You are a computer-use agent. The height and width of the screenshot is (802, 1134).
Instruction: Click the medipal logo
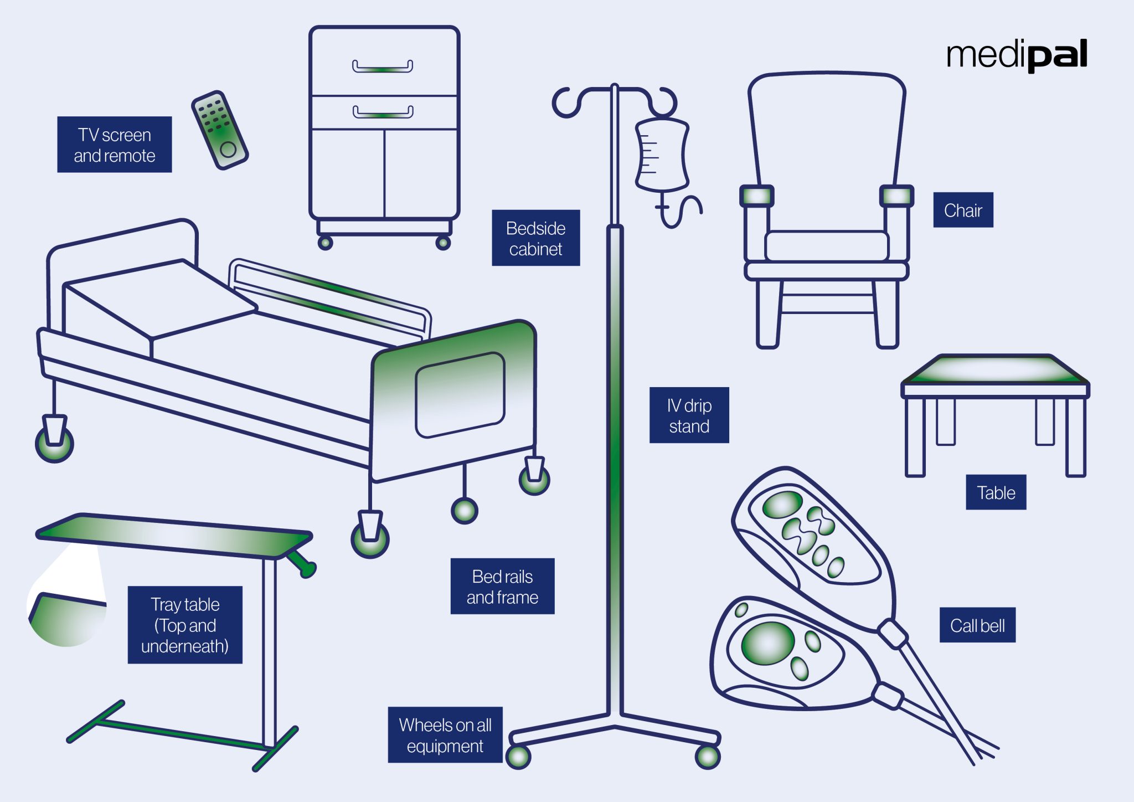tap(1017, 55)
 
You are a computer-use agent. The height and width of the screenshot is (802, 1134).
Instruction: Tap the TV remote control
tap(220, 131)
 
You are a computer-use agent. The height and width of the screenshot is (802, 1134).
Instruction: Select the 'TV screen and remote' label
tap(115, 145)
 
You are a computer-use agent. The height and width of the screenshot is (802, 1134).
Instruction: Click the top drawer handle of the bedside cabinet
tap(383, 68)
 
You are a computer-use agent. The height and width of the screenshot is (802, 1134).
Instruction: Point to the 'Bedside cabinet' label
tap(535, 238)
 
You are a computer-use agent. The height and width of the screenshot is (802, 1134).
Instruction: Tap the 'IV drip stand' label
tap(689, 415)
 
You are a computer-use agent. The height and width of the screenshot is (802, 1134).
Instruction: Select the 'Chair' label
tap(963, 210)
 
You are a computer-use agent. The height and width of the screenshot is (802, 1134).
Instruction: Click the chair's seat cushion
tap(826, 245)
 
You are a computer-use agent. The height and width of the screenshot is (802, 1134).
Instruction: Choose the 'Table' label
tap(996, 492)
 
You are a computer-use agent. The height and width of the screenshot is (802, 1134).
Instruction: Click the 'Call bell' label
tap(977, 625)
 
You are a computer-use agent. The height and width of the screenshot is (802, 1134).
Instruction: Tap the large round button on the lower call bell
tap(768, 643)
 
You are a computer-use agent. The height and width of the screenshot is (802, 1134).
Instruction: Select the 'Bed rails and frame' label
tap(502, 587)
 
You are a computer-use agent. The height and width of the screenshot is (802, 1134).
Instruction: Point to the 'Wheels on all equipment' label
tap(445, 735)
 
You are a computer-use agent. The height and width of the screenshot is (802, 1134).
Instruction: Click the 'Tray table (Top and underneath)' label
tap(185, 625)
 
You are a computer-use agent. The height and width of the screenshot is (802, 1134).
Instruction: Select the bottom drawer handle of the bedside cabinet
tap(383, 113)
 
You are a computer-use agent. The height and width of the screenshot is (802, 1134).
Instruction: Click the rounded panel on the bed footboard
tap(460, 394)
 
